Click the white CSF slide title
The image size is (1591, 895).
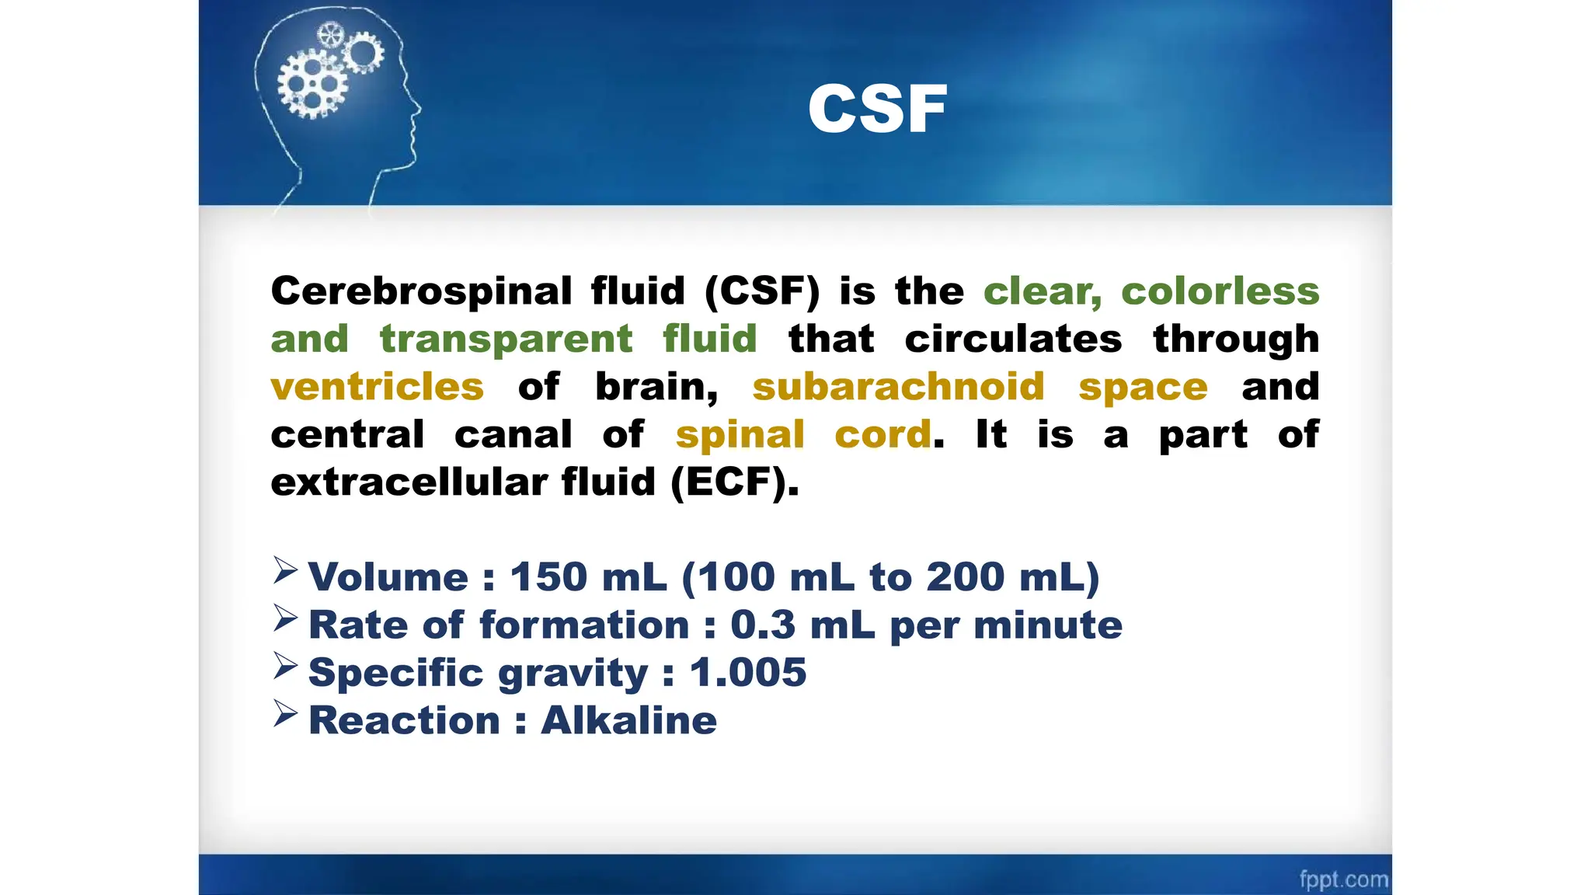tap(877, 110)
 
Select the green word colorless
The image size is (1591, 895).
tap(1220, 291)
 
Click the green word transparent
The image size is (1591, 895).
tap(506, 340)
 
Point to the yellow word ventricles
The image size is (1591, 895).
tap(377, 387)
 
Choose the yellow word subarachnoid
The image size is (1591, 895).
tap(898, 387)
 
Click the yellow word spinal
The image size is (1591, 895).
tap(740, 435)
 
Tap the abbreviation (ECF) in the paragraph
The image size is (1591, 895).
tap(734, 482)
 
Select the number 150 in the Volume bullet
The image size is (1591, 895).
tap(548, 577)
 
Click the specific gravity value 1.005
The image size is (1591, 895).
tap(748, 673)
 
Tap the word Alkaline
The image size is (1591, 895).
tap(628, 720)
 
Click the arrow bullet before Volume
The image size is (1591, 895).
tap(285, 571)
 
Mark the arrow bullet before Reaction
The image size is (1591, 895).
tap(285, 714)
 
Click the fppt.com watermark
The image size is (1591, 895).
tap(1343, 879)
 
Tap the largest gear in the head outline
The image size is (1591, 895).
tap(312, 84)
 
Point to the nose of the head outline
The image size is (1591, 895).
tap(417, 109)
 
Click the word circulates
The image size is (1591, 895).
tap(1013, 340)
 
